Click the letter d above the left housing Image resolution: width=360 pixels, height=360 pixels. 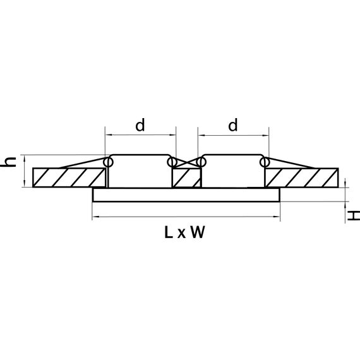(140, 125)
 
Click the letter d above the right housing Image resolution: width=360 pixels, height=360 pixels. (232, 125)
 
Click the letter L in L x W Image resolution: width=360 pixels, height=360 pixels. (168, 233)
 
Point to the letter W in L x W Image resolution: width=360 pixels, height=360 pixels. (197, 233)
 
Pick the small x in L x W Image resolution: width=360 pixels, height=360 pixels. (182, 234)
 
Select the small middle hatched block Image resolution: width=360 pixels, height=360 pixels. (186, 178)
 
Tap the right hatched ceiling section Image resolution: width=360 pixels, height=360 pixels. (302, 177)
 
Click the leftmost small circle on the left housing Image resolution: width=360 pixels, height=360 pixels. (108, 163)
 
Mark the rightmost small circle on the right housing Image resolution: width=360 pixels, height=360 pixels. (265, 163)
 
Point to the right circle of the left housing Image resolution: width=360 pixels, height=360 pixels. (172, 163)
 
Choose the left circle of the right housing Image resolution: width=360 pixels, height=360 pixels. (201, 163)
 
